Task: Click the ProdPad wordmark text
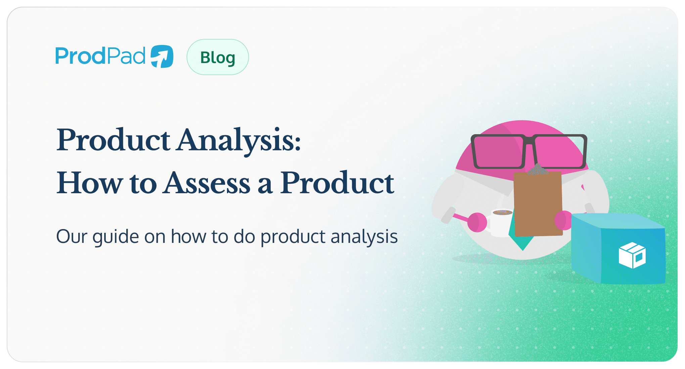coord(100,56)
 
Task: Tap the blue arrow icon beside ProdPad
coord(162,56)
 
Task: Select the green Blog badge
coord(218,57)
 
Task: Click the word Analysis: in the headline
coord(239,140)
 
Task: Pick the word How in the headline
coord(90,183)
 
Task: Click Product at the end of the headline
coord(337,183)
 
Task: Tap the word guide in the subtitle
coord(116,237)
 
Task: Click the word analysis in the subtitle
coord(364,237)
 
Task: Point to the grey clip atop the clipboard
coord(538,170)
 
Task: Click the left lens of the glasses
coord(498,152)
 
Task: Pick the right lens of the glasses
coord(559,152)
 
